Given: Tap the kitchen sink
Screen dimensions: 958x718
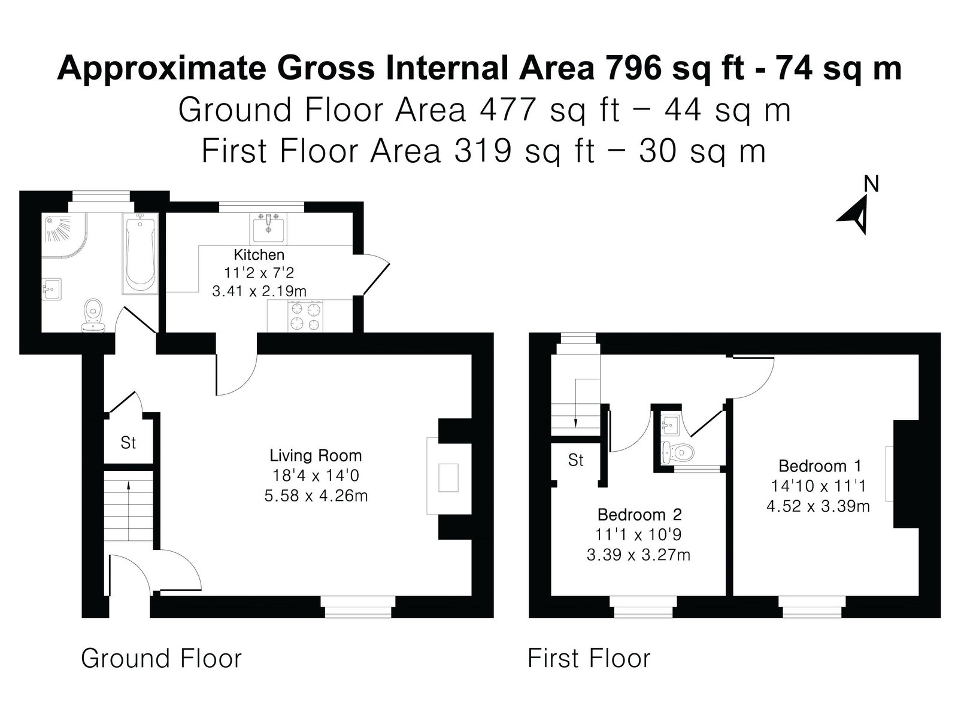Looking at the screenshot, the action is tap(268, 229).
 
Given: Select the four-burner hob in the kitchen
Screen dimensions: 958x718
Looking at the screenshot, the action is tap(305, 317).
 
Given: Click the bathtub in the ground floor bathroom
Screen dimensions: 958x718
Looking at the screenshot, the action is tap(140, 254).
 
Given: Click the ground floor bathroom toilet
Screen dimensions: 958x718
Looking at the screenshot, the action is tap(93, 315).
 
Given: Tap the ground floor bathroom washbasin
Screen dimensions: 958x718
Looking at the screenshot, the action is tap(51, 288).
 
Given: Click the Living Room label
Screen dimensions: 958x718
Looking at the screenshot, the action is tap(316, 455).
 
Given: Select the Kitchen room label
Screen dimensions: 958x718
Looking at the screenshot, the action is tap(259, 254).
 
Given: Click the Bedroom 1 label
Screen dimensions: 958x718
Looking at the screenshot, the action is tap(820, 466).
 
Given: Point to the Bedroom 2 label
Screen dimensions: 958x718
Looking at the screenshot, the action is tap(639, 515).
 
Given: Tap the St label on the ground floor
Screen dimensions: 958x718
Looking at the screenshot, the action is tap(128, 443).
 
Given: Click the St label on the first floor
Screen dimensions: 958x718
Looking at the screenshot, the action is tap(575, 460).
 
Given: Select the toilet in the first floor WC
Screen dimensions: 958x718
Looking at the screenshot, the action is tap(678, 452).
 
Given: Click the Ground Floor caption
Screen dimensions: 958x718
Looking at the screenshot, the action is tap(161, 658).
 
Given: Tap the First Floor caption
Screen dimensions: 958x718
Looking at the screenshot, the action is tap(589, 658).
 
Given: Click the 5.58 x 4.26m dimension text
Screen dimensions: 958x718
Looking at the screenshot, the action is tap(316, 495).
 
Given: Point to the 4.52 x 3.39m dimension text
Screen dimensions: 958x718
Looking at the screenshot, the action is tap(818, 506).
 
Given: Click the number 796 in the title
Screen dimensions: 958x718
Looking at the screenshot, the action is tap(632, 68).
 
